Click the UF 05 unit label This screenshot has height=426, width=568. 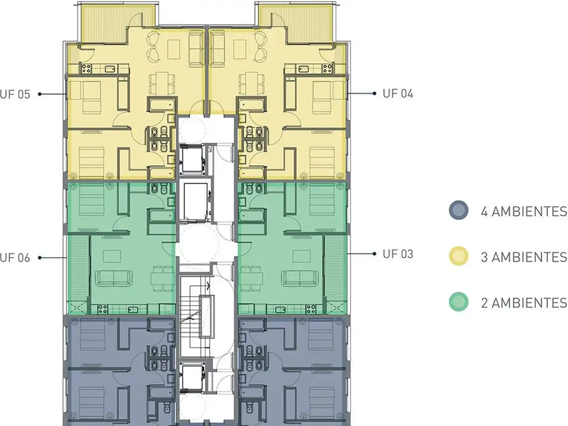[x=15, y=94]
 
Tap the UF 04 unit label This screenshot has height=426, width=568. [x=398, y=93]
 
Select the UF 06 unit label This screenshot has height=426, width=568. [x=15, y=258]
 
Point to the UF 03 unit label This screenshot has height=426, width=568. [x=398, y=254]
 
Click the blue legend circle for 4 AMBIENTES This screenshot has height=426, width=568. [x=459, y=210]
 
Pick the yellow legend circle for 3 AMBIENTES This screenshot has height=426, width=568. [x=459, y=256]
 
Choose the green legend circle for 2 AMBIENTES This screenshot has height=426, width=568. [x=459, y=302]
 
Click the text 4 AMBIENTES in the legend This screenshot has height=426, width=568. [x=524, y=211]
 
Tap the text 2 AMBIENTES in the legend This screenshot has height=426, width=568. [x=524, y=302]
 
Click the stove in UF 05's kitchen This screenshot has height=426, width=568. [x=86, y=68]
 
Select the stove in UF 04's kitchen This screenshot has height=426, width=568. [x=327, y=68]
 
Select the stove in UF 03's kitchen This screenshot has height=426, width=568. [x=311, y=310]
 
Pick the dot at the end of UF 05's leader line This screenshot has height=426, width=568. [x=40, y=94]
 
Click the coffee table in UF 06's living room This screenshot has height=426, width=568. [x=112, y=256]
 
